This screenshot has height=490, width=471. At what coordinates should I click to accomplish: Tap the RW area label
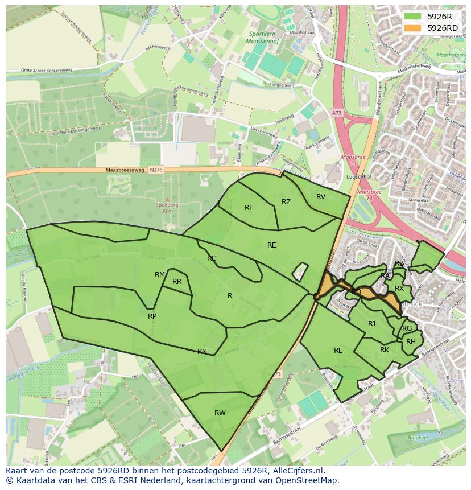220,413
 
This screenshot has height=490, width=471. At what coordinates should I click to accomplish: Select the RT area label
249,208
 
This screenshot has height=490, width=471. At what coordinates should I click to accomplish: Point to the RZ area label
286,202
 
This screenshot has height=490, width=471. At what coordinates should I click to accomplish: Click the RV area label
321,197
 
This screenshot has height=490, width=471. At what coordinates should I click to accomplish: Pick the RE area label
272,245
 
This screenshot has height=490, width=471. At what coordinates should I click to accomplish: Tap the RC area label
212,258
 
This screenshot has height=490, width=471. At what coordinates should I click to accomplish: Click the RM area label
160,275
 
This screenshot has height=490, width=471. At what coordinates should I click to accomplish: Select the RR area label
177,282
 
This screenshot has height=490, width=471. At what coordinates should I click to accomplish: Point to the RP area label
152,316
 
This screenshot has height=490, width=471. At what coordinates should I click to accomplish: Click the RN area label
202,352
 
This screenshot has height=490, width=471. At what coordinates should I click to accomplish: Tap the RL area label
338,351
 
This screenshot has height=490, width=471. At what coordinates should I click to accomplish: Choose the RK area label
385,350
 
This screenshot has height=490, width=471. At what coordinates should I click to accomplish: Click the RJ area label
371,324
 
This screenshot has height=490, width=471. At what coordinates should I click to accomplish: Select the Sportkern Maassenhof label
266,38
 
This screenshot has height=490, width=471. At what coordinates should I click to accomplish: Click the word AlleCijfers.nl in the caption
297,471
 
